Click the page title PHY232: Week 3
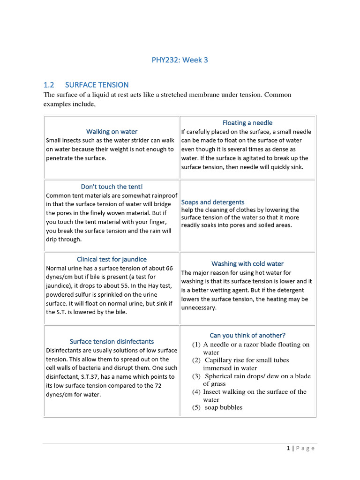(180, 60)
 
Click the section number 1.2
(49, 85)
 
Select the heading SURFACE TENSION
(97, 85)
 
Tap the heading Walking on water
(112, 132)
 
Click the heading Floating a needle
(247, 123)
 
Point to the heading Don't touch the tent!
(112, 187)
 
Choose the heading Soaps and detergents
(213, 202)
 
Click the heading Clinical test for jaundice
(112, 259)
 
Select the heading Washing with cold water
(247, 264)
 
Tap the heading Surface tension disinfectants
(112, 342)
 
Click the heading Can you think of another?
(247, 335)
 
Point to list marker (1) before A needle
(196, 345)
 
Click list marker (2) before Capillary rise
(196, 360)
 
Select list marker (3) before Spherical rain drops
(196, 376)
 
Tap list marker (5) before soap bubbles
(196, 408)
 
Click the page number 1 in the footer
(289, 448)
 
